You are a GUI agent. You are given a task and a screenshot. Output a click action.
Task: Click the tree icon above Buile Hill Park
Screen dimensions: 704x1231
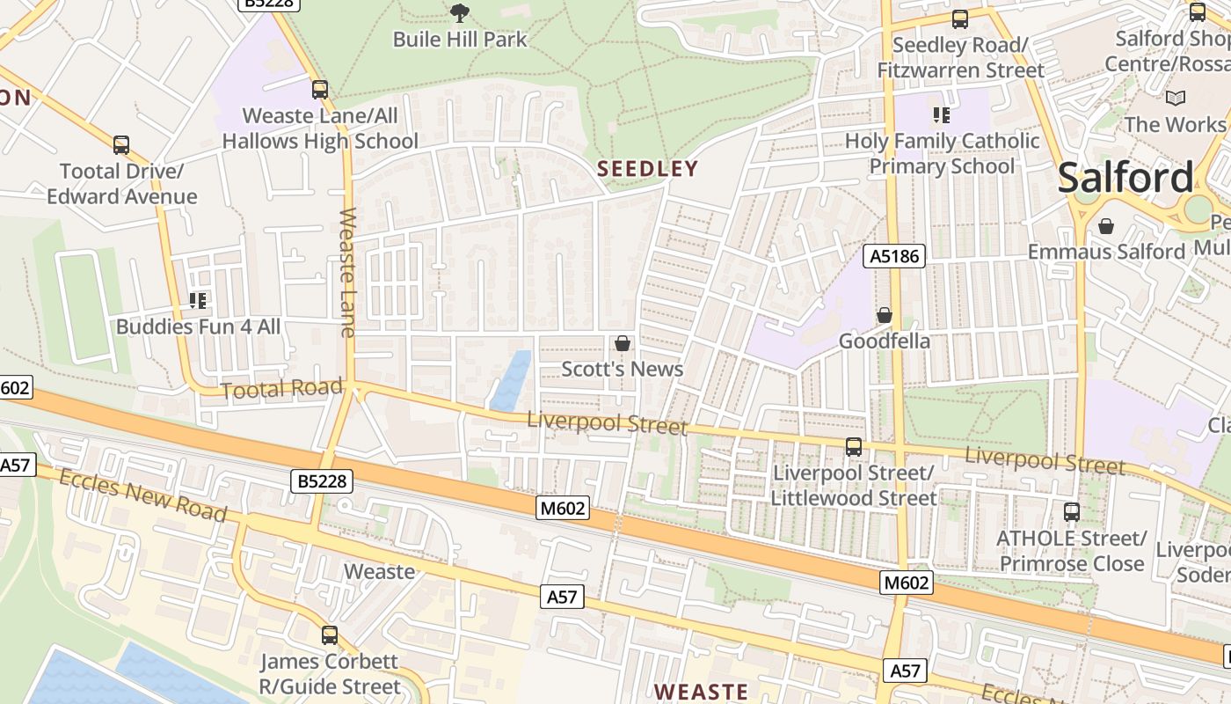click(459, 12)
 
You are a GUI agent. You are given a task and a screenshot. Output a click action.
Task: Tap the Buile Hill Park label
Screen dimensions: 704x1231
click(460, 40)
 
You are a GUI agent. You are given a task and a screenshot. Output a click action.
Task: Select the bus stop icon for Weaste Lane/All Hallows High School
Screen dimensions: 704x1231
click(320, 90)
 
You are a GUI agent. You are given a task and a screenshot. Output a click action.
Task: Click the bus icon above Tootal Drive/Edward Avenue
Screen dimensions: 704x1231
click(121, 145)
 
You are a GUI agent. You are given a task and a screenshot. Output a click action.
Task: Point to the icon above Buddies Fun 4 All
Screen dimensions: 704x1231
click(198, 301)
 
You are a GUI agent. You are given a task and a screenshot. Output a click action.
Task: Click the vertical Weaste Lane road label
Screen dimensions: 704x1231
click(348, 272)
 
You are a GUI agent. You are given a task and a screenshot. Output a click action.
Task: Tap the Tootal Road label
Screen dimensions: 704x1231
click(280, 389)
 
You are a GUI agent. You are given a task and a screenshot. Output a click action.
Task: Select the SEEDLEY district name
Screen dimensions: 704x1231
click(647, 169)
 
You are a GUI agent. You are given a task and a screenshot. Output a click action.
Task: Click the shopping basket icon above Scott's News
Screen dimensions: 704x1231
click(623, 343)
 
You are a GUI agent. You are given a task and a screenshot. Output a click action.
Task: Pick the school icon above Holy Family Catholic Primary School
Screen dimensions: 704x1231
click(942, 115)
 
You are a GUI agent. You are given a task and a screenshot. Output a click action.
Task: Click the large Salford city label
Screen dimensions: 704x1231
click(1125, 178)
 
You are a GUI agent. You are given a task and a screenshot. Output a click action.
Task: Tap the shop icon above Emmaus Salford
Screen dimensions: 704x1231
click(1106, 226)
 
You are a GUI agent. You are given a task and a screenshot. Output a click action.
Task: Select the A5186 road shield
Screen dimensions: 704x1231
click(894, 256)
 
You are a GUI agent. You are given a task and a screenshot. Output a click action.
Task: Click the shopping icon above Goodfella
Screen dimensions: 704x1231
click(885, 315)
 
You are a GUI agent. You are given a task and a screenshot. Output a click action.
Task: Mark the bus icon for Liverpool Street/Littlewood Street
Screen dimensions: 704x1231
click(854, 447)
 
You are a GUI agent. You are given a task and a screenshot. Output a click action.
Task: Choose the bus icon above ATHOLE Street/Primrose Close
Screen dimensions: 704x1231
click(1072, 512)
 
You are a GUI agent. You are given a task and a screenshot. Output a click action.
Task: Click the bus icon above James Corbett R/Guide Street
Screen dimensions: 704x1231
click(330, 635)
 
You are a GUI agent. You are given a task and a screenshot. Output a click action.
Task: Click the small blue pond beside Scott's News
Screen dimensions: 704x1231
click(512, 381)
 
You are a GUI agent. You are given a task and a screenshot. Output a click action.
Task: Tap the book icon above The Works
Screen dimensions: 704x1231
click(1175, 99)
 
